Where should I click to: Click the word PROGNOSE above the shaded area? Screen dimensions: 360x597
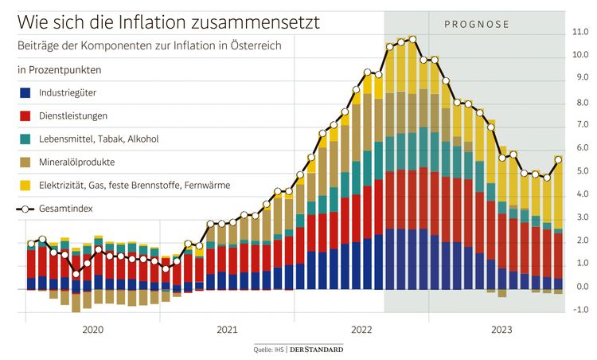pyautogui.click(x=476, y=24)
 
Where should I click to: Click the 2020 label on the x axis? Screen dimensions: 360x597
pyautogui.click(x=92, y=329)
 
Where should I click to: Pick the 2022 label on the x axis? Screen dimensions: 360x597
pyautogui.click(x=361, y=329)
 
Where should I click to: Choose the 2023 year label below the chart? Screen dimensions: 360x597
pyautogui.click(x=501, y=329)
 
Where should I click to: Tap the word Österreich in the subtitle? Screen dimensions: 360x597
pyautogui.click(x=253, y=46)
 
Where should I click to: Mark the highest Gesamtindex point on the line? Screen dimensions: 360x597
pyautogui.click(x=412, y=38)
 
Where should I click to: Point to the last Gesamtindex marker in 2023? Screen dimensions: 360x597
pyautogui.click(x=558, y=159)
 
